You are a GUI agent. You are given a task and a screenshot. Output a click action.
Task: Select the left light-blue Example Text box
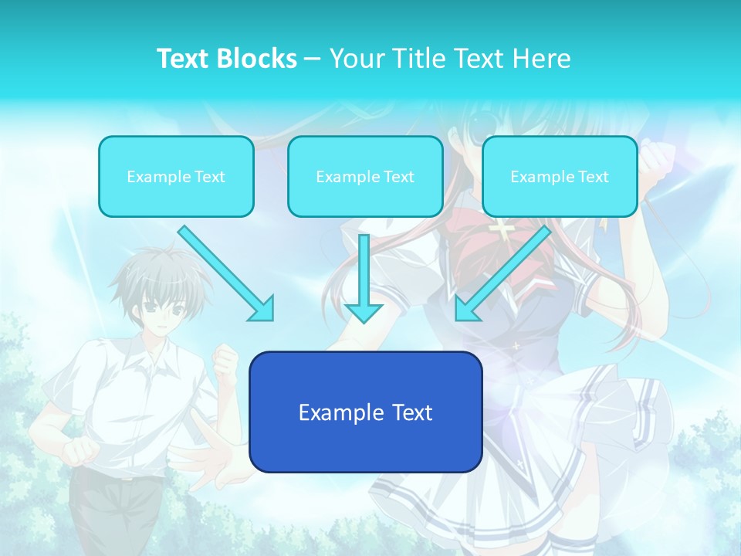click(x=176, y=176)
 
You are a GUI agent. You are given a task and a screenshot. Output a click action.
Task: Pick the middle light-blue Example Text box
click(x=365, y=176)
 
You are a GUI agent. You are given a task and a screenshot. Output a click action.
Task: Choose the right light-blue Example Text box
click(x=560, y=176)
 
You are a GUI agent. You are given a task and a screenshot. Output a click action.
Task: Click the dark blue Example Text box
click(x=365, y=412)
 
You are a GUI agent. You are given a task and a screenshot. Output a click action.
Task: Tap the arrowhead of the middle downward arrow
click(x=364, y=312)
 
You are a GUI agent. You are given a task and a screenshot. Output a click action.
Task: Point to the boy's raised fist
click(x=225, y=359)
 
